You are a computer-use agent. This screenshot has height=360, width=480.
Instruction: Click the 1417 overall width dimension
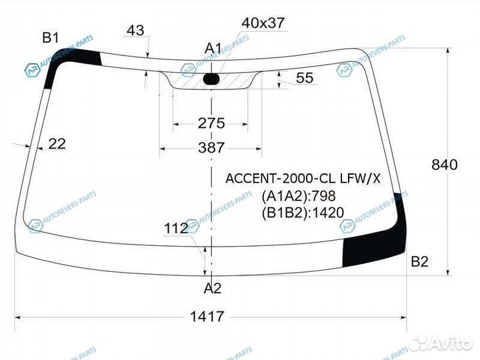coord(205,317)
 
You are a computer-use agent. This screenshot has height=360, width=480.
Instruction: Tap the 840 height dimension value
coord(444,165)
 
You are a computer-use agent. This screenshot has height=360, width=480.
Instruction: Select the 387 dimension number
coord(211,148)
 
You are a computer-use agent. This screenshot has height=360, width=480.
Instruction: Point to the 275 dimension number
coord(211,123)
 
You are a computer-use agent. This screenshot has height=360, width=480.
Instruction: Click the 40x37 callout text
coord(263,23)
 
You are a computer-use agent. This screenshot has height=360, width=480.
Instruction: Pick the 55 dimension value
coord(304,78)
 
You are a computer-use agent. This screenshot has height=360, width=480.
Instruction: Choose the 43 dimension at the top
coord(135,31)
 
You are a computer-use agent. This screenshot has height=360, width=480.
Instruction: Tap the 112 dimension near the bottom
coord(175,229)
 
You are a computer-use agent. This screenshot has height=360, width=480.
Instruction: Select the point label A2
coord(212,288)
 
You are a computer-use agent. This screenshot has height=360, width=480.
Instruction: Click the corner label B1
coord(51,37)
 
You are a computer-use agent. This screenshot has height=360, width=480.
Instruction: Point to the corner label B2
coord(419,261)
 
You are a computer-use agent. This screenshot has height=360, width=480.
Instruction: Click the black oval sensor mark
coord(211,80)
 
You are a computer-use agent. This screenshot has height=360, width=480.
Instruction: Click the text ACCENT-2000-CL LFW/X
coord(303,178)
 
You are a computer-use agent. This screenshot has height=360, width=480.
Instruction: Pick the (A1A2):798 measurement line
coord(298,196)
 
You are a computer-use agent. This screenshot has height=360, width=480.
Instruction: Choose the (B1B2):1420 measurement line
coord(302,213)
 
